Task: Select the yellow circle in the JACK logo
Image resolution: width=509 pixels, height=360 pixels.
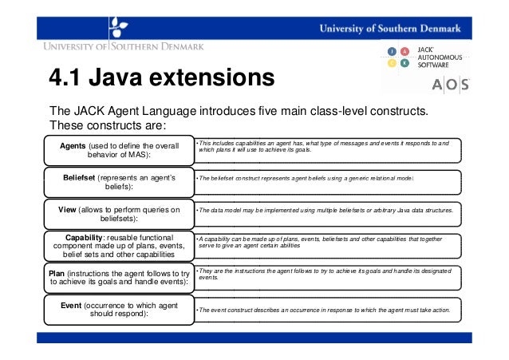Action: coord(393,63)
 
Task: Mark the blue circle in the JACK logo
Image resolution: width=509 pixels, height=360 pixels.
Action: coord(393,52)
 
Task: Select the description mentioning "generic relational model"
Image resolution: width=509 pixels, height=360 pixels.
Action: coord(307,180)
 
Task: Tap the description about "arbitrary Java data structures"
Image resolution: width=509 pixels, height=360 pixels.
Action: coord(326,211)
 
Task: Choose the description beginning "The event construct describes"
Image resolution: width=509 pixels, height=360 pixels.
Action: coord(323,310)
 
